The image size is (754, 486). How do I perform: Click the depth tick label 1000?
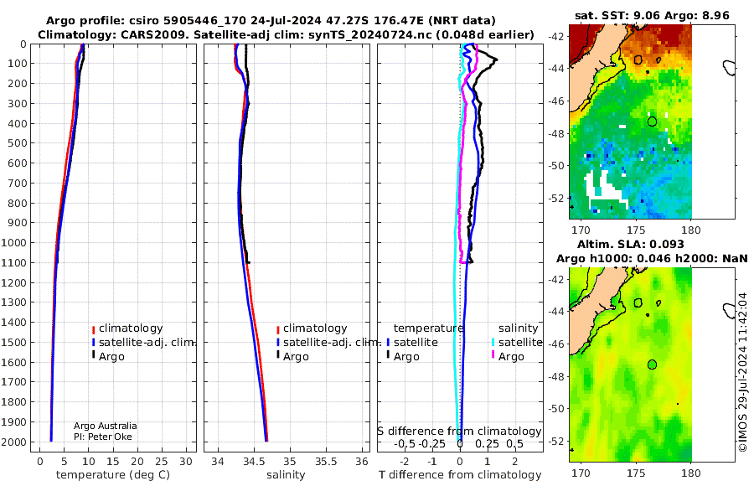[14, 242]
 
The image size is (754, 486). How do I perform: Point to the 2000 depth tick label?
[14, 442]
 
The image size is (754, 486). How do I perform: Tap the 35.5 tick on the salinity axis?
[326, 462]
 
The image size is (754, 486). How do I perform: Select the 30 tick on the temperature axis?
[186, 462]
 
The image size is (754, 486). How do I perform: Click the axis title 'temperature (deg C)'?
[113, 475]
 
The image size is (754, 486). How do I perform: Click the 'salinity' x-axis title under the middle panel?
[286, 475]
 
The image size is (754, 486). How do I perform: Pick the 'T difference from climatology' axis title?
[460, 475]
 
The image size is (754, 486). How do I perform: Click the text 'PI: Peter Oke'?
[103, 437]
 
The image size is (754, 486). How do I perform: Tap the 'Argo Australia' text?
[106, 426]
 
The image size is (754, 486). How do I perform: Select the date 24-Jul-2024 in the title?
[281, 21]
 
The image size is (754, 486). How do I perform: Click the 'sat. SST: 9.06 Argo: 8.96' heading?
[652, 15]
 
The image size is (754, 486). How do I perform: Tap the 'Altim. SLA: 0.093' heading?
[630, 244]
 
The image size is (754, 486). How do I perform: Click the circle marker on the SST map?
[652, 121]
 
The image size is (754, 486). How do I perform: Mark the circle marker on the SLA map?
[652, 364]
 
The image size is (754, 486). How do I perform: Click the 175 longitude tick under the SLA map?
[636, 473]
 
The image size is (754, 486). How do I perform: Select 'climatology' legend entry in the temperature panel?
[131, 328]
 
